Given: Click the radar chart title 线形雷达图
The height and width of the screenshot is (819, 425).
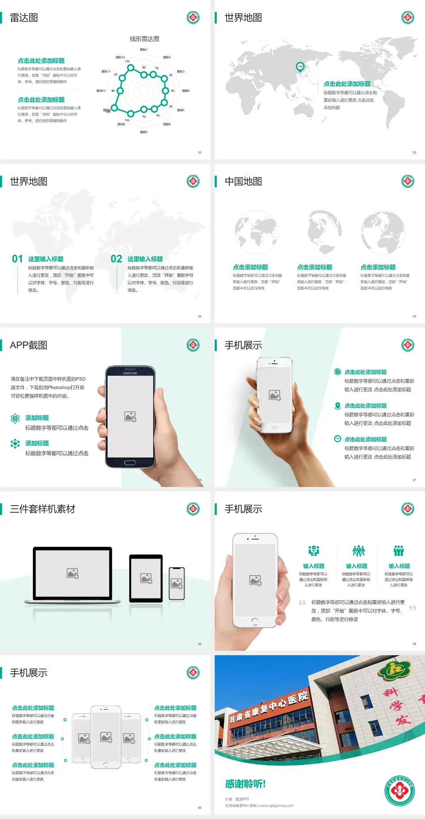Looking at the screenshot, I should (144, 39).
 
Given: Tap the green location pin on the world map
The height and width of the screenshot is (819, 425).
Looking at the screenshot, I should (300, 66).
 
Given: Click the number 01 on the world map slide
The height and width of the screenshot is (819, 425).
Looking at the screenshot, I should (17, 259).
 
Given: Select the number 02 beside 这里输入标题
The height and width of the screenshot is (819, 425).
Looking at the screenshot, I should (116, 259).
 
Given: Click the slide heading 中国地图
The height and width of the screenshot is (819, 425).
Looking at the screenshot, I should (243, 182).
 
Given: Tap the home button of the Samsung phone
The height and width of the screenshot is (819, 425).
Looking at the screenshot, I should (130, 463).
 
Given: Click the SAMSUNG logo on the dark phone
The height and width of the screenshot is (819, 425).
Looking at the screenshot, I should (130, 373).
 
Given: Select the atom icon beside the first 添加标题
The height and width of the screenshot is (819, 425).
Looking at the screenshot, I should (15, 418).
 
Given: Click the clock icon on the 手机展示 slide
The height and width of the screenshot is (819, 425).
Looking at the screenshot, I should (337, 439).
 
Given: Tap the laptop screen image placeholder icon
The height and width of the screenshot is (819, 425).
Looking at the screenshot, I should (73, 573).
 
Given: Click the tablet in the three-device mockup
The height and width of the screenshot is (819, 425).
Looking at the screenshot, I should (146, 578).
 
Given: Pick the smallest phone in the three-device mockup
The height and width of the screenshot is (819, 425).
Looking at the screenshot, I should (177, 584).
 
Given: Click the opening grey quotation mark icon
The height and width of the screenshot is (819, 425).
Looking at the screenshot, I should (302, 603).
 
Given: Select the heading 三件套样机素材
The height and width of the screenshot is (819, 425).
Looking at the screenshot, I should (42, 509).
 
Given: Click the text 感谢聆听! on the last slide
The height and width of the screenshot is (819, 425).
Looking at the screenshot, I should (245, 784).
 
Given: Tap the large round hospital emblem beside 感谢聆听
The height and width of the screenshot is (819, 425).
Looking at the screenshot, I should (399, 790).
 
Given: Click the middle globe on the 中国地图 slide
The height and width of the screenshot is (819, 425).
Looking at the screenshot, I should (325, 232).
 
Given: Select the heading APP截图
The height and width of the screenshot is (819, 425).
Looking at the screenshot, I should (28, 345).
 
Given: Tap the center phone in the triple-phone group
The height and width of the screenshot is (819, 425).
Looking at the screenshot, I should (106, 737).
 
